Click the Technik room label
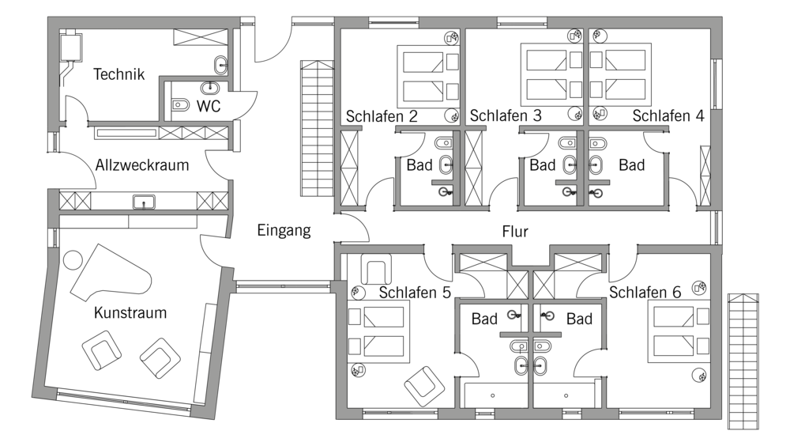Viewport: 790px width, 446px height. [119, 74]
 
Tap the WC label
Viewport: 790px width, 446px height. [209, 107]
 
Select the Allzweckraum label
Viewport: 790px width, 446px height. [142, 165]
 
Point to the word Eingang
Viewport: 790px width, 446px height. [284, 231]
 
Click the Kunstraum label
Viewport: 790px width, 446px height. [130, 313]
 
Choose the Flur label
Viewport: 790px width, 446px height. [515, 232]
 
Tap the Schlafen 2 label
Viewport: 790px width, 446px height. [382, 116]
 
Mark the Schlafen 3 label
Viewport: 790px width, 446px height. [506, 115]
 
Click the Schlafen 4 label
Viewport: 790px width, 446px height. [668, 115]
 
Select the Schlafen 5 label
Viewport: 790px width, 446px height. [415, 293]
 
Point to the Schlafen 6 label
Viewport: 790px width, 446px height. [645, 292]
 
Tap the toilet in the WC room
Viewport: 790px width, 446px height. [179, 105]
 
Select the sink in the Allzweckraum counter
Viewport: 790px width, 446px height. [144, 202]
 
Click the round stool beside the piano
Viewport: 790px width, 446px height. [73, 260]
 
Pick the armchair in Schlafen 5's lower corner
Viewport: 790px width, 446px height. [424, 386]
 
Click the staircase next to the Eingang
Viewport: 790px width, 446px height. [318, 129]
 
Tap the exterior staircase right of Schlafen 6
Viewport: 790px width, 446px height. [743, 361]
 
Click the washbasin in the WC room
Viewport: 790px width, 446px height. [209, 88]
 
